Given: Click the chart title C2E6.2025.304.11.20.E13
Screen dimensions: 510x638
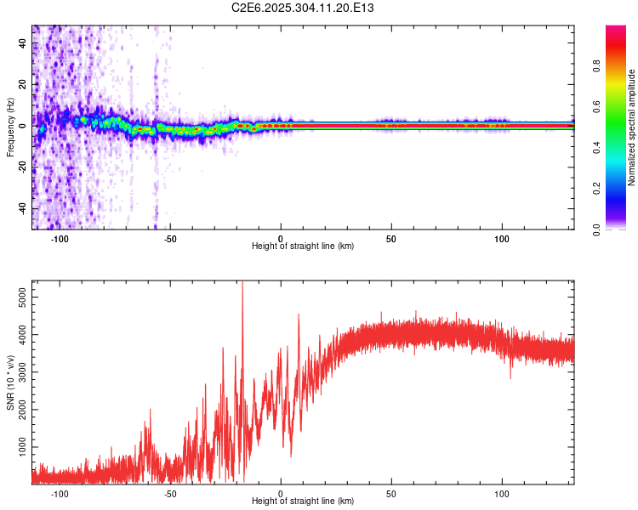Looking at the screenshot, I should coord(304,8).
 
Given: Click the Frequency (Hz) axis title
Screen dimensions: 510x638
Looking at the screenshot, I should coord(9,127).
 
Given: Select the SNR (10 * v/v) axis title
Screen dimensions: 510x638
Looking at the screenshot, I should coord(9,382).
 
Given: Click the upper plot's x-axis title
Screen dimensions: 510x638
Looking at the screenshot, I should coord(303,246).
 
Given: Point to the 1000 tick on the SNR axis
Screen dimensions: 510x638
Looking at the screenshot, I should coord(18,447).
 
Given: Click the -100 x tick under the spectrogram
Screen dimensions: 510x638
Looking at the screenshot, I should coord(60,239).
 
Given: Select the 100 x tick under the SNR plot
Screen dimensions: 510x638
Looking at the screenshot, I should coord(502,493).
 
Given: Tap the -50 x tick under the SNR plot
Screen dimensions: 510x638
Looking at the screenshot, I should coord(170,493).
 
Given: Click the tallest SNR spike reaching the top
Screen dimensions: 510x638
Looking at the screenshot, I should coord(242,284).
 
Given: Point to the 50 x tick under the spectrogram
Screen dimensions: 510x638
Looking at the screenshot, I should coord(391,239).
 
